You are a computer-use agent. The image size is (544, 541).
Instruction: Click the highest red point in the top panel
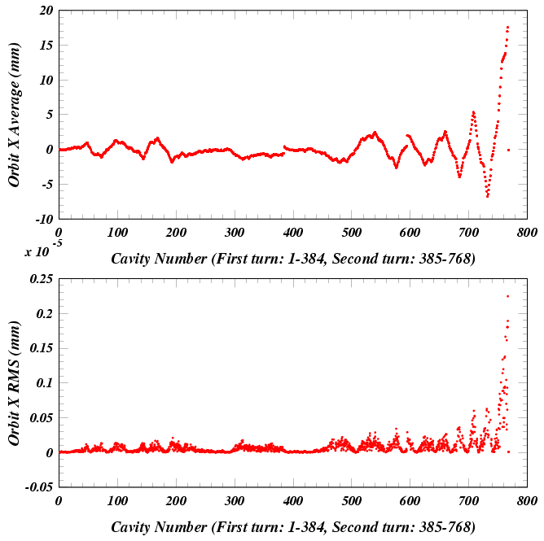507,27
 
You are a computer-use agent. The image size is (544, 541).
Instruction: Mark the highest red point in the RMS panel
508,296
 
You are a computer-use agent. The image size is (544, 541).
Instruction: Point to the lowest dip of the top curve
487,196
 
